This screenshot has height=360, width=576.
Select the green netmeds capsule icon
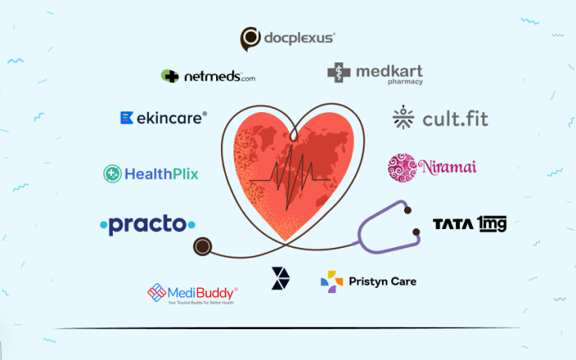click(x=170, y=76)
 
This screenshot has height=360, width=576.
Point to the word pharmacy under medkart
click(x=405, y=82)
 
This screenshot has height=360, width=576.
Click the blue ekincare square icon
click(x=125, y=118)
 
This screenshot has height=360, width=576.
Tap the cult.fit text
click(x=454, y=119)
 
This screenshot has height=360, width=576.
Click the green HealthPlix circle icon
click(x=113, y=174)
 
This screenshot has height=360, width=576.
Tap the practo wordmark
click(x=148, y=225)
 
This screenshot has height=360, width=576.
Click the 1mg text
click(x=491, y=224)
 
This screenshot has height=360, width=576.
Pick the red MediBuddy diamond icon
click(x=157, y=293)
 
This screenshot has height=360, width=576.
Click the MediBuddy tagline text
click(x=200, y=302)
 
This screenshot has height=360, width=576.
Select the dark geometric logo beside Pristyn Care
click(x=280, y=278)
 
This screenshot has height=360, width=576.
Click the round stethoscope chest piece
click(x=203, y=247)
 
